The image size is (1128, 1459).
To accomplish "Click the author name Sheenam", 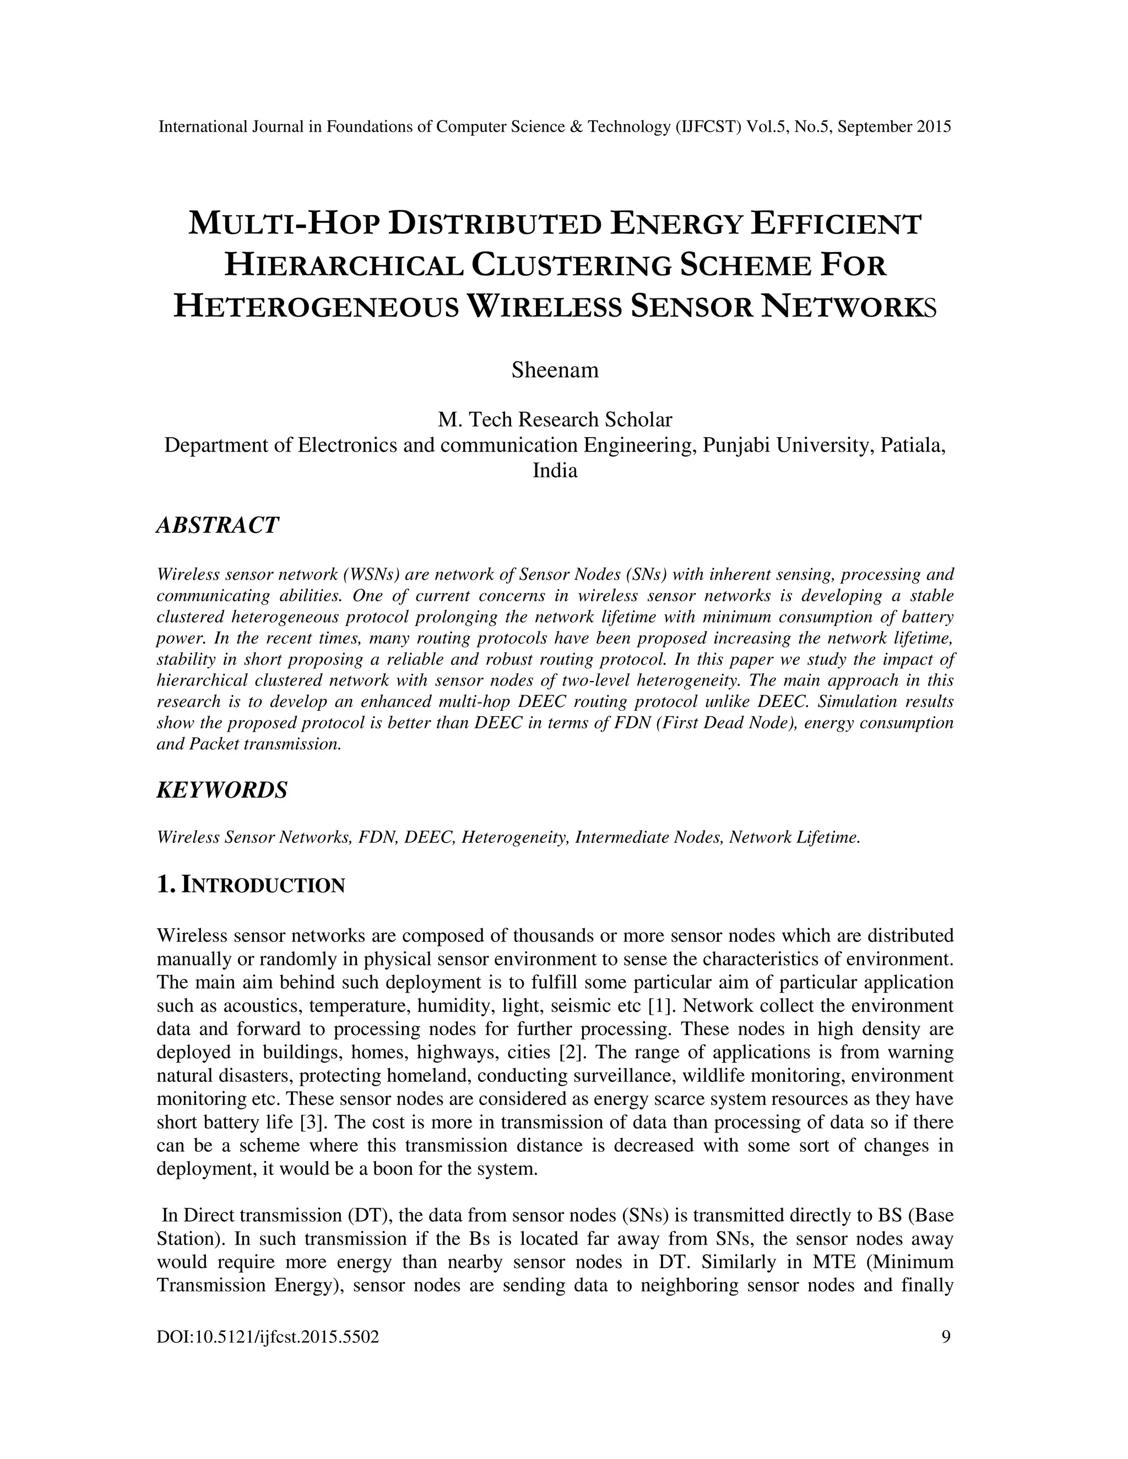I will pyautogui.click(x=555, y=370).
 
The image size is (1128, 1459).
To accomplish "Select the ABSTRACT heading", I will pyautogui.click(x=217, y=525).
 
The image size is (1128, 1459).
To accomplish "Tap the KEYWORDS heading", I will pyautogui.click(x=222, y=790).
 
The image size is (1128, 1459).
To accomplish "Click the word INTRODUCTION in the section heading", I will pyautogui.click(x=263, y=886).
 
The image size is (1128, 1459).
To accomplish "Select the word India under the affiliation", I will pyautogui.click(x=555, y=470).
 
